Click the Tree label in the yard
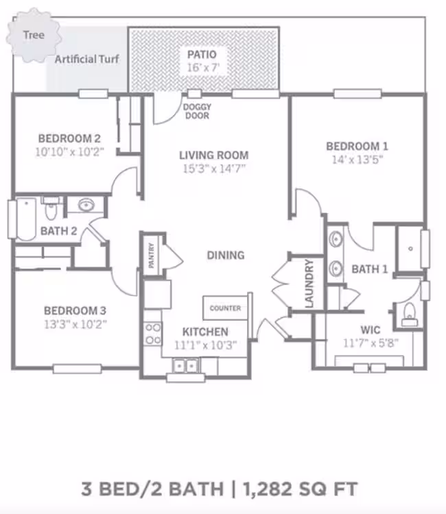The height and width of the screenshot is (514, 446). coord(34,35)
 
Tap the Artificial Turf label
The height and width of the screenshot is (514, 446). coord(86,60)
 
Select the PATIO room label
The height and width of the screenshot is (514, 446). coord(202,54)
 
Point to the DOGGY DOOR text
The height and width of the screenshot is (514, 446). coord(197,111)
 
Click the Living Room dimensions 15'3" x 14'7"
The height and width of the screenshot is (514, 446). coord(214,169)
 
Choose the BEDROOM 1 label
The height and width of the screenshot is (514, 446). coord(357,146)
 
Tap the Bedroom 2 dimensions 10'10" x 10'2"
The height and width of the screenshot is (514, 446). coord(69,151)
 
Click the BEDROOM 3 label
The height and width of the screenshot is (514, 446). coord(75,310)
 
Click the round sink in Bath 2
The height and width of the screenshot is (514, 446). coord(86,206)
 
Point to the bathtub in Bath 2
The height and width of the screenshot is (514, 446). coord(26,219)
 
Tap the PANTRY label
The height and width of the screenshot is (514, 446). coord(151,256)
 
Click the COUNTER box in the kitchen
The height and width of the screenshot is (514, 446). coord(225,308)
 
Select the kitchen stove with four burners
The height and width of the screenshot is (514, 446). coord(153,333)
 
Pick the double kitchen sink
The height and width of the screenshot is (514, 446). coord(185,366)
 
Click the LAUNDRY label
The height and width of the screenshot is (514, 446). coord(309,284)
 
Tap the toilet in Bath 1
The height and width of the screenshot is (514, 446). coord(410,315)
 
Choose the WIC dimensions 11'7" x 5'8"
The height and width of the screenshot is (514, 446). coord(371,343)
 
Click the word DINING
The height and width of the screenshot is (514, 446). coord(226,256)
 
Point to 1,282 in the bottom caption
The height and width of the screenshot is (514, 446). coord(268,489)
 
